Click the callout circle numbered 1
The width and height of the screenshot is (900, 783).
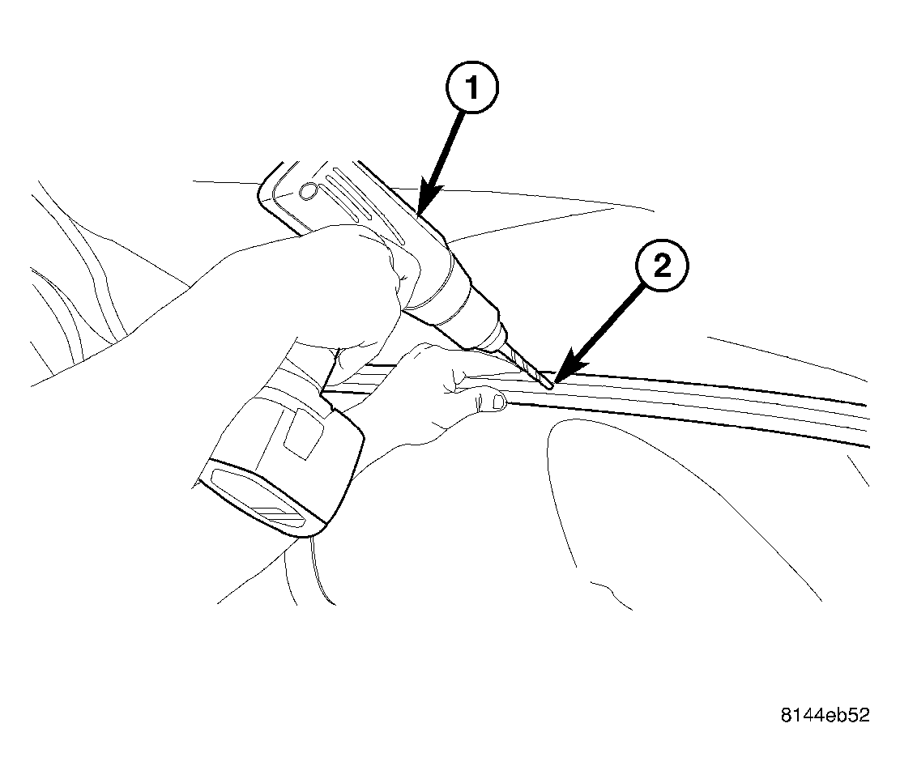coord(471,88)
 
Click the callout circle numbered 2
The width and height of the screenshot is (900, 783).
coord(662,266)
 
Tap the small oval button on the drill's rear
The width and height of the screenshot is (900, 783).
coord(308,192)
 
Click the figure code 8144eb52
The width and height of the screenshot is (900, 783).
coord(825,715)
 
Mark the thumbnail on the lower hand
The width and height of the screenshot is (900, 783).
coord(496,402)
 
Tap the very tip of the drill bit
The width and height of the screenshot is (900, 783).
coord(552,389)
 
